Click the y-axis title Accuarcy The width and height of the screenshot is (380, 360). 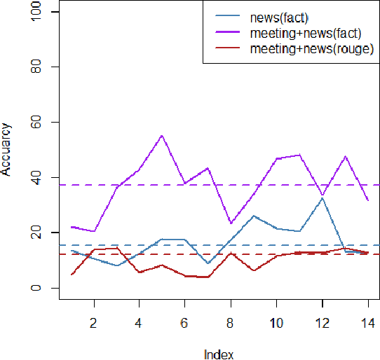6,150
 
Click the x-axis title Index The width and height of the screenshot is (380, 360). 218,354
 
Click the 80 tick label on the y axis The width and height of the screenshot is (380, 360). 35,67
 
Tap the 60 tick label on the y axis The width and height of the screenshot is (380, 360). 35,122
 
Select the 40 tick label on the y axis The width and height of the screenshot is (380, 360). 35,177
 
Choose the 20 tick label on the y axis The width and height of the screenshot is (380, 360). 35,233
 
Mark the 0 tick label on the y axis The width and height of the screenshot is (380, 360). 35,288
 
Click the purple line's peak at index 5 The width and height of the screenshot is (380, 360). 162,135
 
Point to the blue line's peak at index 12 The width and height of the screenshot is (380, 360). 322,198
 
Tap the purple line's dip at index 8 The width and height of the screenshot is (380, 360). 231,223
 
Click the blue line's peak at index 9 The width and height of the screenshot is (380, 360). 253,216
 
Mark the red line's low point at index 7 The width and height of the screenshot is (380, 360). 208,277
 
